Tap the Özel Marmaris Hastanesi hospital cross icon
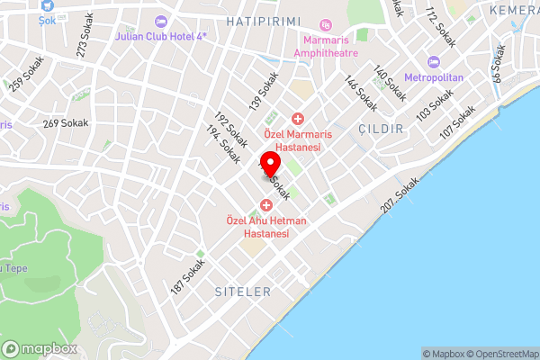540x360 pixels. point(297,119)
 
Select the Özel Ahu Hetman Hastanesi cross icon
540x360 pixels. point(266,206)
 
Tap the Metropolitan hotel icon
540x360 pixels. point(433,62)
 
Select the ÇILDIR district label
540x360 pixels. point(380,129)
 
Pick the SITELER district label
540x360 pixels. point(243,292)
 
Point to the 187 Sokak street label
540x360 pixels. point(189,275)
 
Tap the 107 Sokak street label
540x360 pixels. point(457,123)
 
